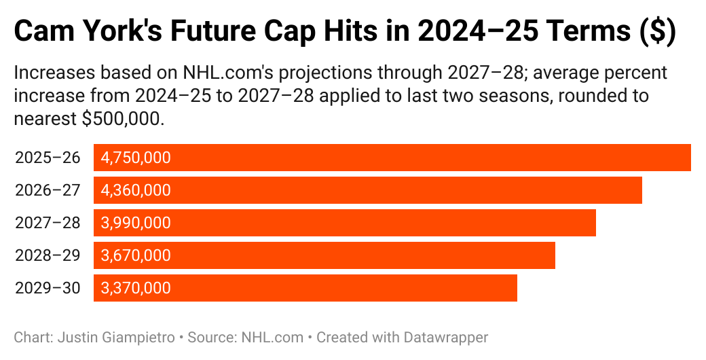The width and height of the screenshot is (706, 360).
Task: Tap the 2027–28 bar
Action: [380, 223]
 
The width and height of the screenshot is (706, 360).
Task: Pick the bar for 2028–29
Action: [360, 255]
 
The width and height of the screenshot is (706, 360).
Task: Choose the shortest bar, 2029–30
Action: [339, 288]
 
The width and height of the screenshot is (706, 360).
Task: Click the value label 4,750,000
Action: [136, 158]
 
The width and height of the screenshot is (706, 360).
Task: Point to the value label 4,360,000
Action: [136, 191]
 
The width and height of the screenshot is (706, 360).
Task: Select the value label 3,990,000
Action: [136, 223]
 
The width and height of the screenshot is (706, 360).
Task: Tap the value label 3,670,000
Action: [136, 256]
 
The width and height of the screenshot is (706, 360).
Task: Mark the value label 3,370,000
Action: [136, 289]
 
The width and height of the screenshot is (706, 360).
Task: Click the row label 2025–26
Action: [48, 158]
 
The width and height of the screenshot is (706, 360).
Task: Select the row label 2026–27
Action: [48, 191]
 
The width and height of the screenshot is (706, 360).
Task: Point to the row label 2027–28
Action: [48, 223]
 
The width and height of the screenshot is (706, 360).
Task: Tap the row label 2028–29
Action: [48, 256]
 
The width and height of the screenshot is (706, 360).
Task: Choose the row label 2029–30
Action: [48, 289]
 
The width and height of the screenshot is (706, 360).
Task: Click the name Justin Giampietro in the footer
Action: [109, 337]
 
